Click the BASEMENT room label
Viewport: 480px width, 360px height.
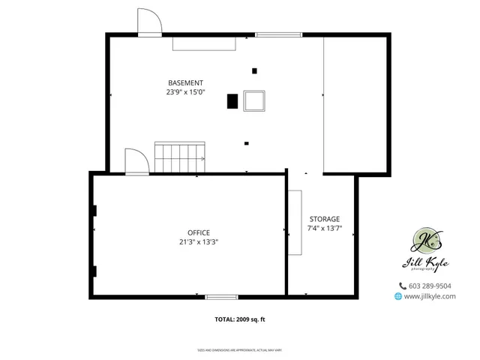coord(184,82)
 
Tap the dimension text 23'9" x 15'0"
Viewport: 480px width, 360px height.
coord(185,92)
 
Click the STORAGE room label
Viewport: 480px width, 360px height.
coord(323,219)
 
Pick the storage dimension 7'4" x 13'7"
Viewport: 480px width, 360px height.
coord(323,228)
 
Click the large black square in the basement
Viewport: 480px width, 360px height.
coord(232,101)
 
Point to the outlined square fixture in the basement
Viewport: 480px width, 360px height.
coord(254,100)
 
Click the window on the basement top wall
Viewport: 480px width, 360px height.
coord(278,34)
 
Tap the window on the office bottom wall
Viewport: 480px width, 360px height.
coord(221,297)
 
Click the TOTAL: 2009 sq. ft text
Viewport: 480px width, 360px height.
coord(240,319)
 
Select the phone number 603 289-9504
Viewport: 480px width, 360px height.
coord(430,286)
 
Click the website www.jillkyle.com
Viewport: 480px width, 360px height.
coord(430,296)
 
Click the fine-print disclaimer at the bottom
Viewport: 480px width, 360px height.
coord(240,349)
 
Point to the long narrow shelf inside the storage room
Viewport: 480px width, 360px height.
coord(295,223)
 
